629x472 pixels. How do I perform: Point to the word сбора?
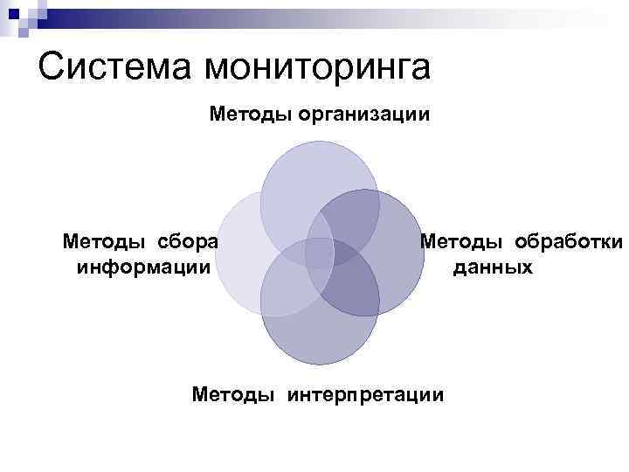click(x=187, y=240)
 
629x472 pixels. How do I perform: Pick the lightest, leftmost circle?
click(x=236, y=253)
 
